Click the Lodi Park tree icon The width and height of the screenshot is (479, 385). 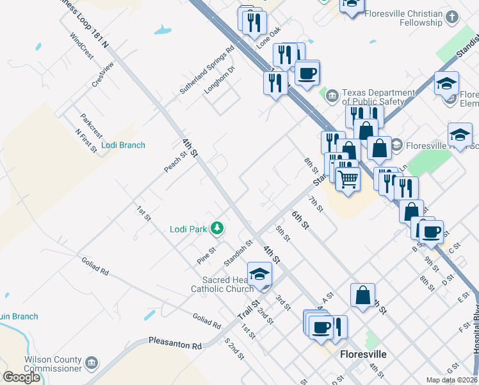[218, 228]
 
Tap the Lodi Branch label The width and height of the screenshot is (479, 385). [124, 145]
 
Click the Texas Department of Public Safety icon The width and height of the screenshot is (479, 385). [332, 96]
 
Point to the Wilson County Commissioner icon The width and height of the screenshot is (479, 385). [92, 364]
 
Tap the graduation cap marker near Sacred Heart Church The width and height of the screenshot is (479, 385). [259, 275]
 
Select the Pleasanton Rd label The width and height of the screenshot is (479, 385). [175, 344]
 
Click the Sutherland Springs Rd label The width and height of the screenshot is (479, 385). [207, 71]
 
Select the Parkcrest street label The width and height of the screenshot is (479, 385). [92, 125]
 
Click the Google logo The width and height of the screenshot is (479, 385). [21, 377]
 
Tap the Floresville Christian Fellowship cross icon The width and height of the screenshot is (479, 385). [452, 17]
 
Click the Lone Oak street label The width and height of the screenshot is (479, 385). [269, 40]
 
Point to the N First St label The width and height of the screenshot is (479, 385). [86, 141]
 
